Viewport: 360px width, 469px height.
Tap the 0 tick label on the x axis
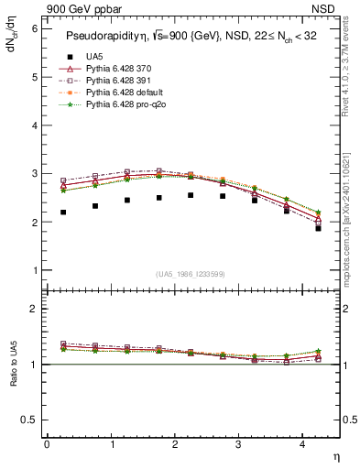pyautogui.click(x=47, y=443)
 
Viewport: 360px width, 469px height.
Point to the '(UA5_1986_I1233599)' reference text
pyautogui.click(x=191, y=274)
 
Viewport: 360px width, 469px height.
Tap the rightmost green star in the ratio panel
pyautogui.click(x=318, y=351)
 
